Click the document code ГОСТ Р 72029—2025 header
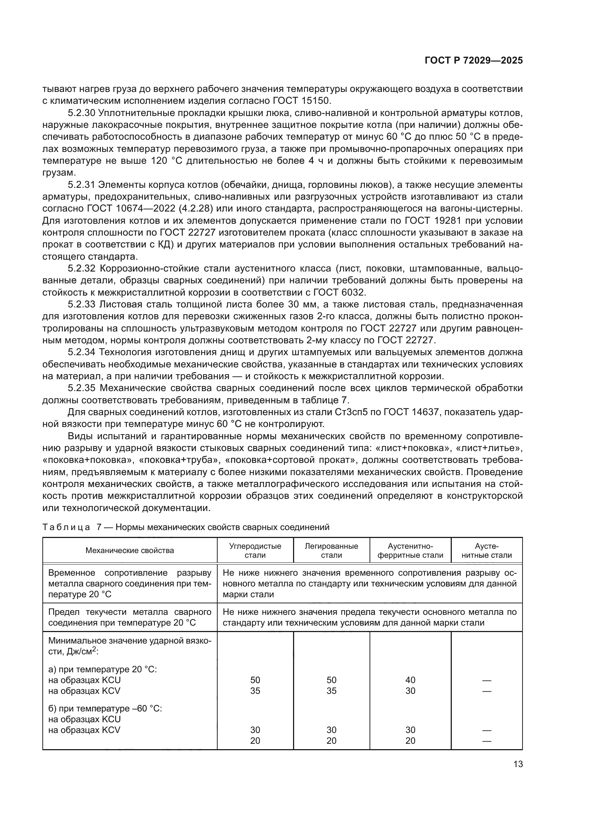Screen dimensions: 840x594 pyautogui.click(x=474, y=61)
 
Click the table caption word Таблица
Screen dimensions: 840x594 pyautogui.click(x=66, y=527)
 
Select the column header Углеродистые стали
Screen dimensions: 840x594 pyautogui.click(x=255, y=551)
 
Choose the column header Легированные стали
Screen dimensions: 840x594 pyautogui.click(x=331, y=551)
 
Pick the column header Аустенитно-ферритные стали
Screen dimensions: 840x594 pyautogui.click(x=410, y=551)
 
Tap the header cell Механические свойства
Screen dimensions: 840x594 pyautogui.click(x=130, y=551)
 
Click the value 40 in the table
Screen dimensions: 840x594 pyautogui.click(x=410, y=680)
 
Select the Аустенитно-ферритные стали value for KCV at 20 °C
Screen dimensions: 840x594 pyautogui.click(x=410, y=691)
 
